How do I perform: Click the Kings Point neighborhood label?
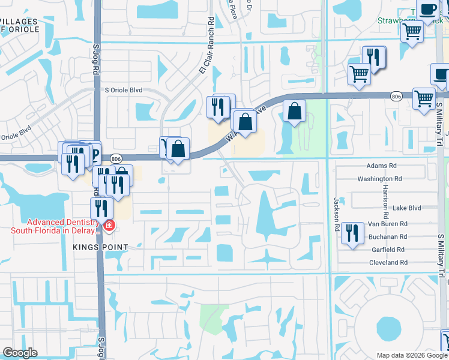pos(101,247)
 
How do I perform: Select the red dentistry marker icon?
pos(109,226)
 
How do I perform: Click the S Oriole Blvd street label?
pos(124,90)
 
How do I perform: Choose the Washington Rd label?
pos(379,179)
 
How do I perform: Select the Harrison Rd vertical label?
pos(385,201)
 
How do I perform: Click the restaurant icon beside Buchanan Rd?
pos(352,232)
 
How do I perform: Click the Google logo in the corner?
pos(20,353)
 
